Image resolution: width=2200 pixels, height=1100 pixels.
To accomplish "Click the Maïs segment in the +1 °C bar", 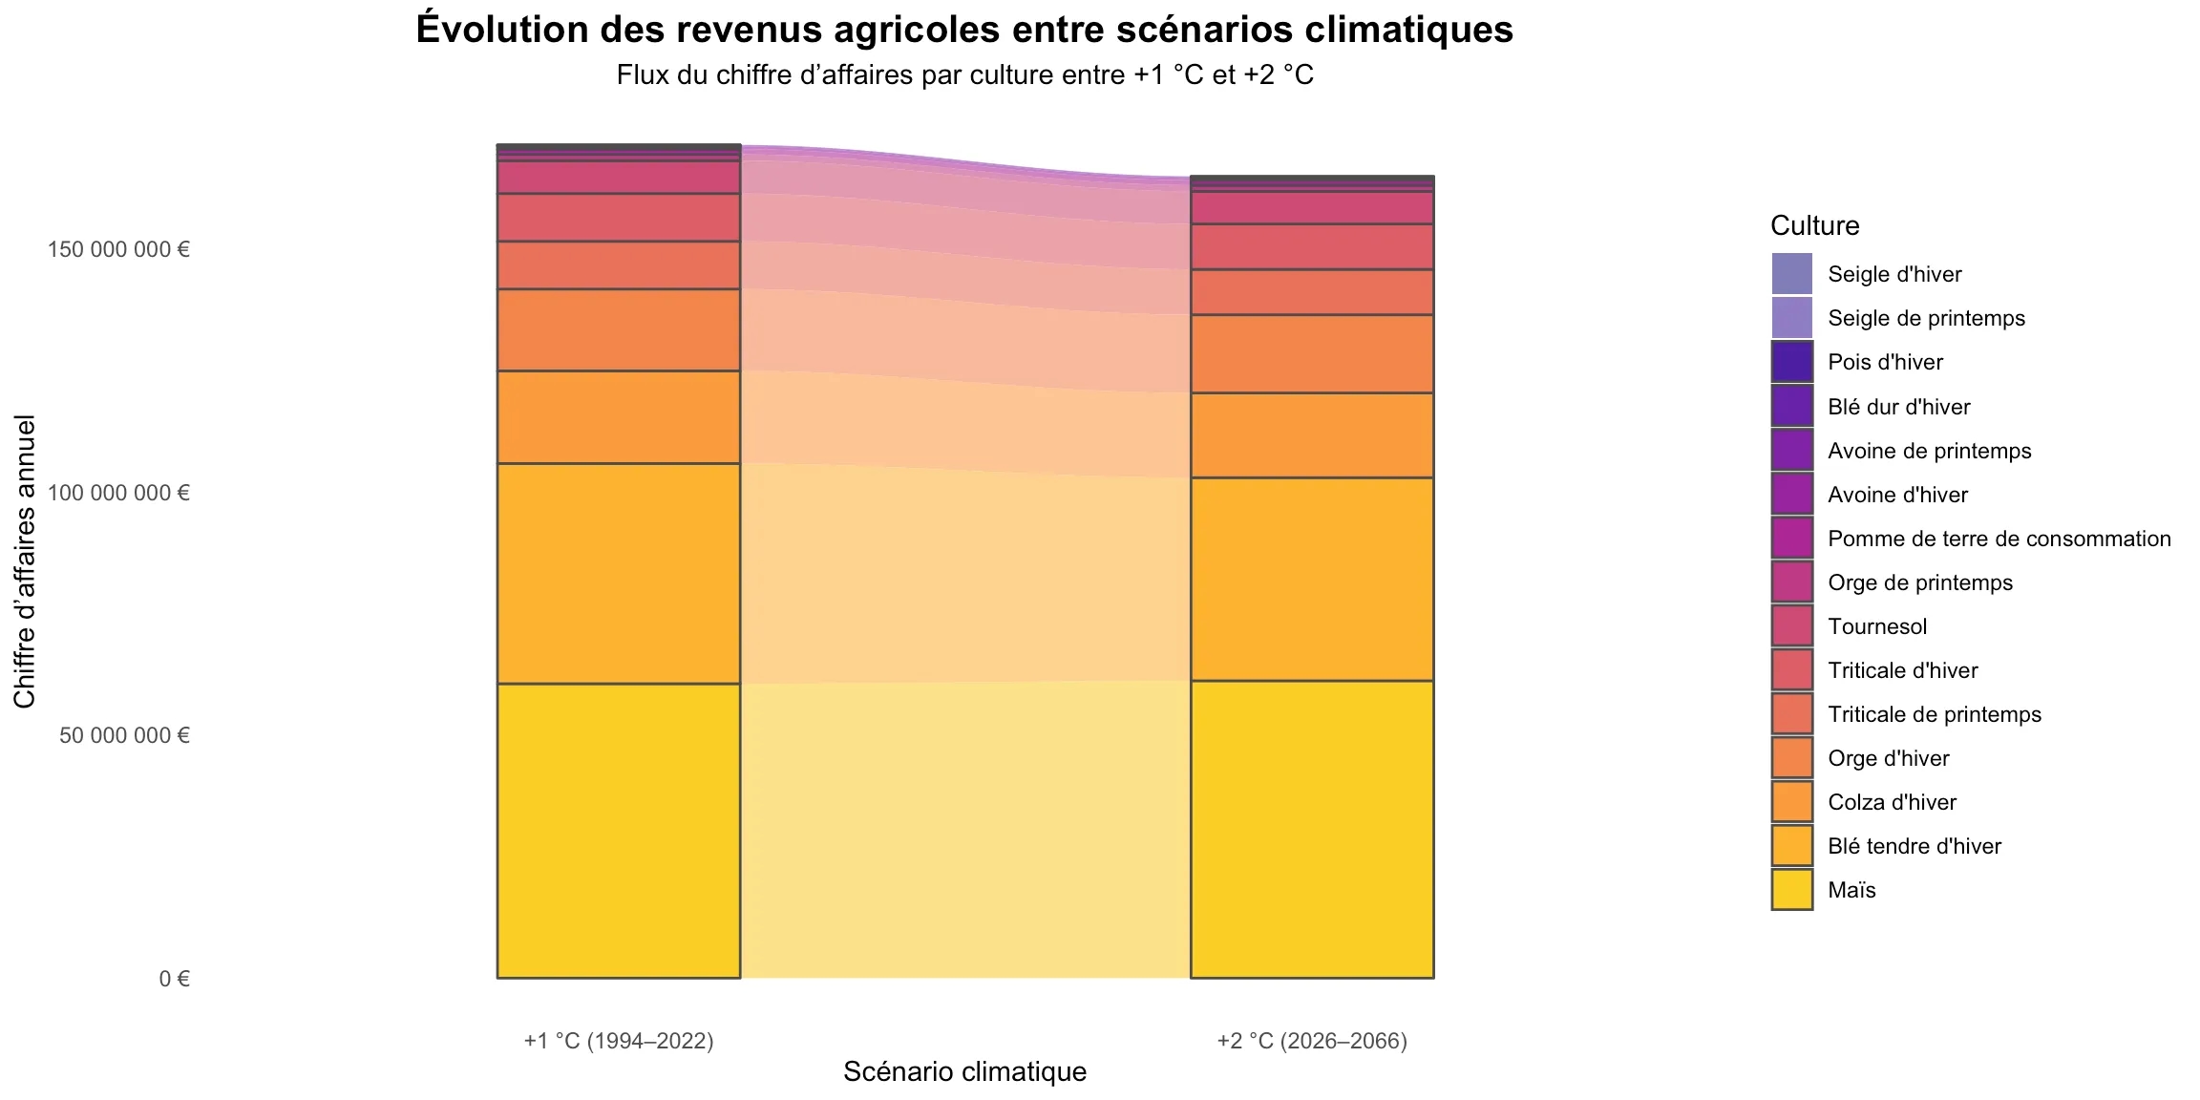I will click(619, 830).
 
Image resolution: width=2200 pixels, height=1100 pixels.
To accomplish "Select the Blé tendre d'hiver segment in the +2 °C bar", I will click(1311, 579).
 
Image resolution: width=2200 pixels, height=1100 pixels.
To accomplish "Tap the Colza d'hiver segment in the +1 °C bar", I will click(619, 416).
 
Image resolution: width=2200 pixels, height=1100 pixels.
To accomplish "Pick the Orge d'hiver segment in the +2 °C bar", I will click(1311, 353).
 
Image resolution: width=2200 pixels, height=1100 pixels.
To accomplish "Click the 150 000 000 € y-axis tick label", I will click(118, 250).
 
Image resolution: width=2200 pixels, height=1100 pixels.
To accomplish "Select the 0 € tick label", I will click(174, 979).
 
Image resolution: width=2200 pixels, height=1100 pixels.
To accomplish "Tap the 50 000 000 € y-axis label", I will click(124, 735).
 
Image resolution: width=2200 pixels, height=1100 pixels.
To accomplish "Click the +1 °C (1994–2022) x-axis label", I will click(619, 1041).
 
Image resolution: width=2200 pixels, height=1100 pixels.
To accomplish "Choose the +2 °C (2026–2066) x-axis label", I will click(1311, 1041).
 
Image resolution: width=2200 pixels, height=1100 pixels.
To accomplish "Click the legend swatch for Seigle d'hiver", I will click(1791, 274).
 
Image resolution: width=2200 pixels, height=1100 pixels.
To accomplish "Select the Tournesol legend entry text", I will click(1876, 626).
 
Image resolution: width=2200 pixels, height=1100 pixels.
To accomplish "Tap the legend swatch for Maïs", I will click(1791, 890).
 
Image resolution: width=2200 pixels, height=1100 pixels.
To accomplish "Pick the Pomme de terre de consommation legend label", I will click(1999, 539).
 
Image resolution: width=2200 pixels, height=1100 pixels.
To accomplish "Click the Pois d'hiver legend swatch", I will click(1791, 362).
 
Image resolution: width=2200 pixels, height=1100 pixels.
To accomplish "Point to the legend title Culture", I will click(1814, 225).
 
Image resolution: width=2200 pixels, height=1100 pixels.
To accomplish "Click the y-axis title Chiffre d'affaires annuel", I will click(25, 561).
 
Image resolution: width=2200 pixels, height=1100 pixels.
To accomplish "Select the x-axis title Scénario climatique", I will click(964, 1071).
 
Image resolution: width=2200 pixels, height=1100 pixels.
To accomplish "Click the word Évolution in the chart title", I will click(501, 30).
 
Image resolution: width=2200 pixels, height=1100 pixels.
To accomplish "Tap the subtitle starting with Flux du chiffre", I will click(964, 74).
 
